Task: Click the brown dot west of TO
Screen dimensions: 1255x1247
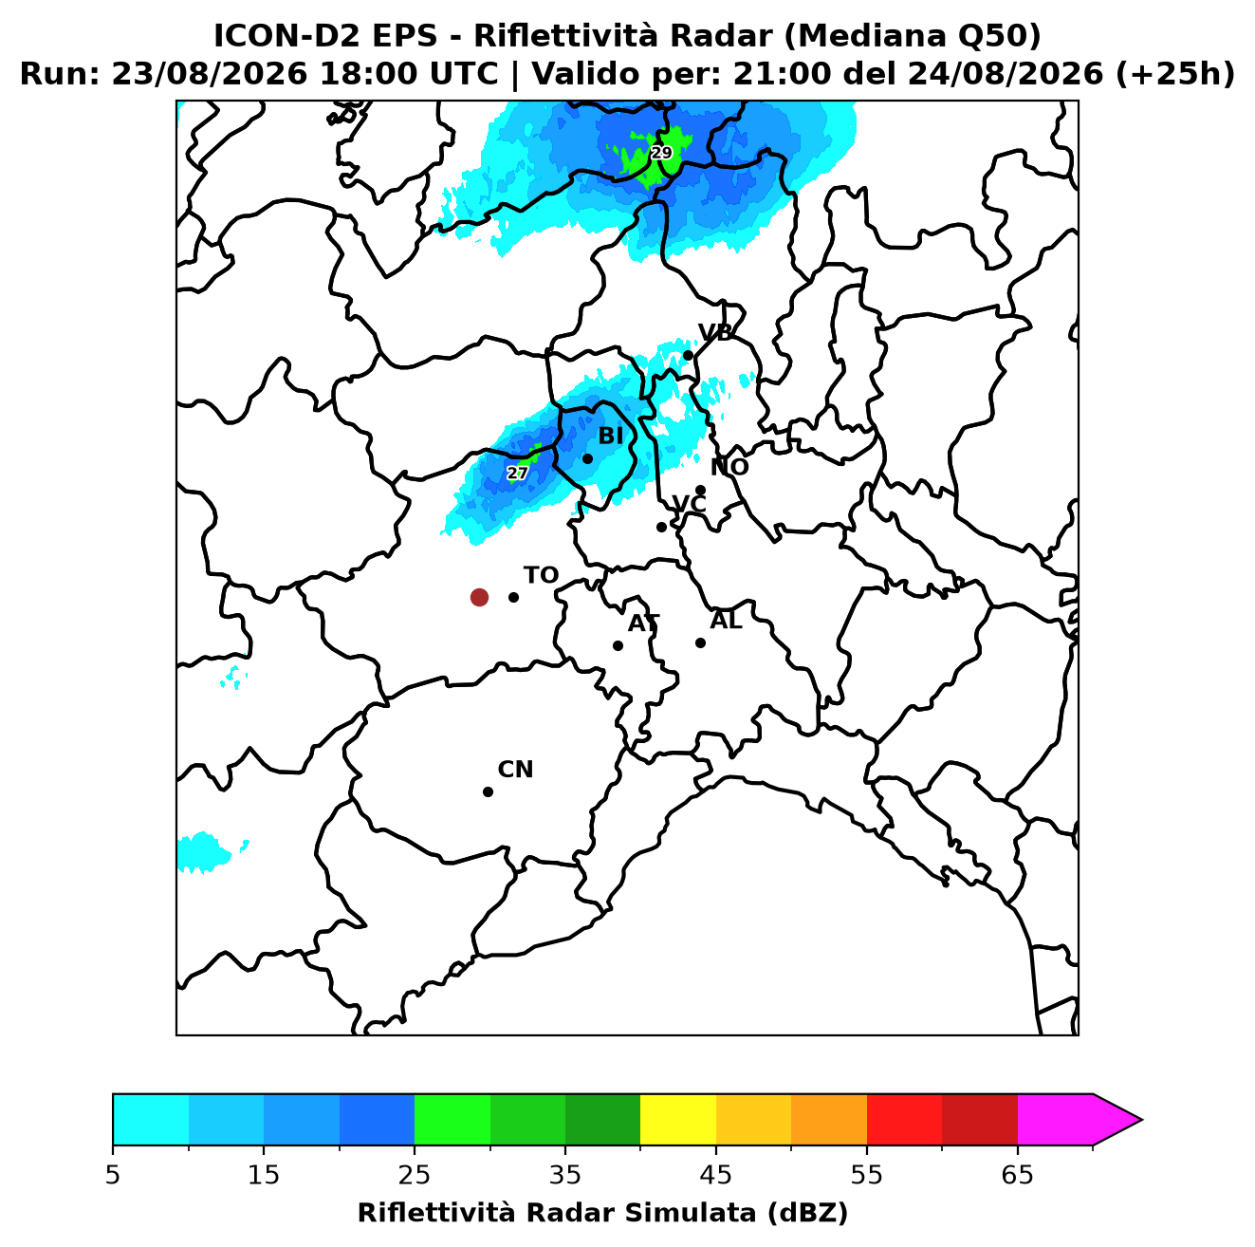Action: pos(479,596)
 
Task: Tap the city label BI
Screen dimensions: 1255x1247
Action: pos(610,436)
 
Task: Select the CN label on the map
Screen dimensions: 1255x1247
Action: pos(515,770)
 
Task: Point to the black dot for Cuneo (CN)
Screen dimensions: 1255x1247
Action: pos(488,791)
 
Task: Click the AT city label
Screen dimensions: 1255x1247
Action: pos(643,623)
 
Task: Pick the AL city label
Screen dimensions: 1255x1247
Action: pos(726,620)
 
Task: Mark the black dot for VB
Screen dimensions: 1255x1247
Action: pos(688,355)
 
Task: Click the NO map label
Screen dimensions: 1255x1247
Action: pos(729,467)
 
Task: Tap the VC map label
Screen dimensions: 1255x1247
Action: pos(689,503)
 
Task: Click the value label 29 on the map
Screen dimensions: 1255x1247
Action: pos(661,153)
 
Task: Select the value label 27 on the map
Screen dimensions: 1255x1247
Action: pos(517,473)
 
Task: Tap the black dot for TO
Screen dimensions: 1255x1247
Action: pos(513,596)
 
